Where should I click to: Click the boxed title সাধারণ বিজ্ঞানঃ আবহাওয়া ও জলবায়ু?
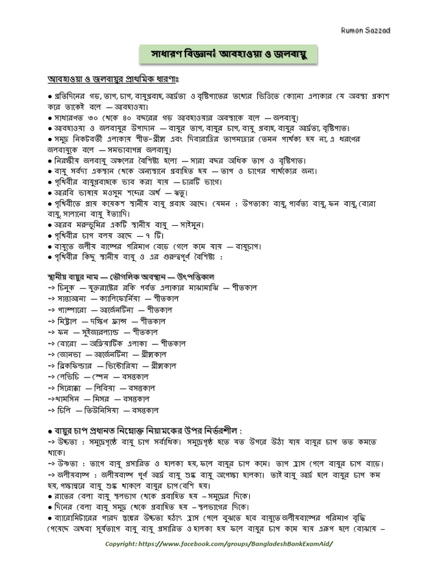coord(228,56)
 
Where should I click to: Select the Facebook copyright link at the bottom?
coord(219,544)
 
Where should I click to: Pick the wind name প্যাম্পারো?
coord(75,310)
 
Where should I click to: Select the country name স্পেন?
coord(100,376)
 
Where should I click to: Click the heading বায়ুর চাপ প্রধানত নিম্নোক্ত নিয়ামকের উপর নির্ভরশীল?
coord(152,429)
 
